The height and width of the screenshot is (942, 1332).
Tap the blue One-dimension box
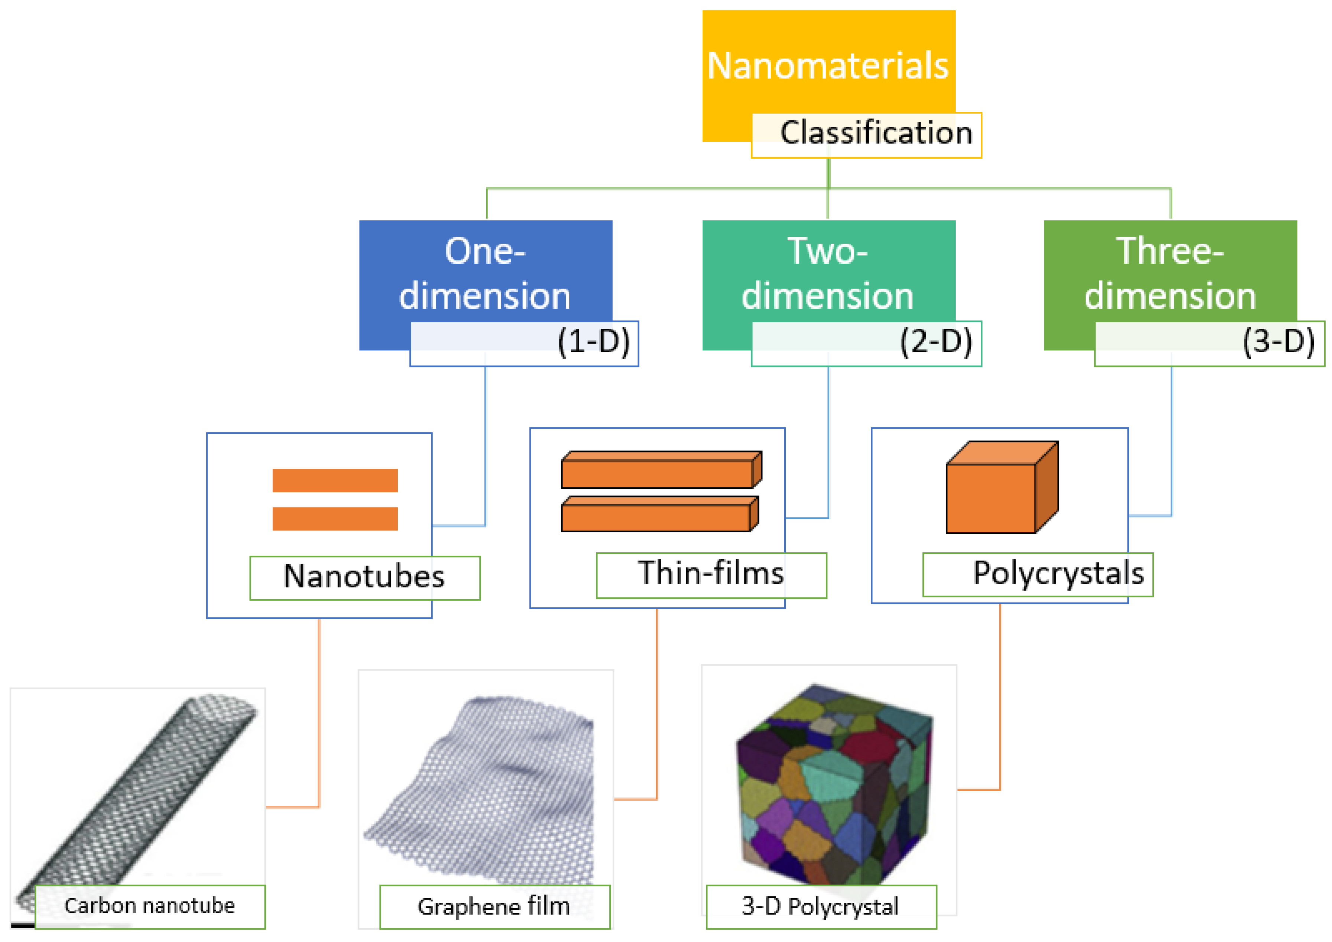[x=485, y=273]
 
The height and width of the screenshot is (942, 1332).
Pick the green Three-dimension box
[x=1170, y=273]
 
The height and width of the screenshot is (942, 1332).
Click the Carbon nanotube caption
[x=150, y=906]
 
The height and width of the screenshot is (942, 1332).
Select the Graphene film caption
[x=494, y=907]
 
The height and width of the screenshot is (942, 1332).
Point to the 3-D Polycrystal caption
[x=820, y=907]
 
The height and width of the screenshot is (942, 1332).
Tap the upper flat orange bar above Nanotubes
[x=335, y=481]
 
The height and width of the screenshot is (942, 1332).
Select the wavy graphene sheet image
[x=487, y=789]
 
